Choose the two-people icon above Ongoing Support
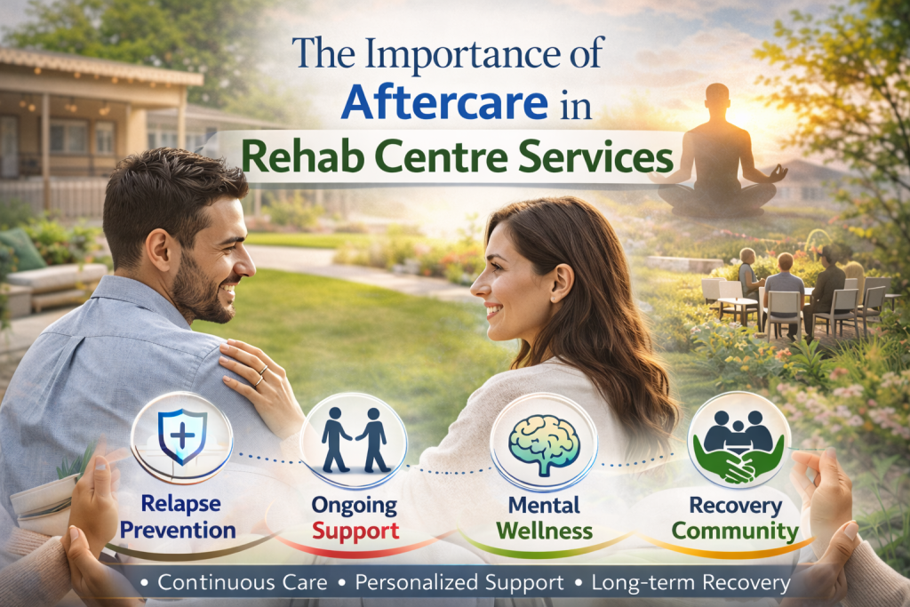point(353,441)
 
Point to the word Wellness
point(543,531)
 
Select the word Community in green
point(735,531)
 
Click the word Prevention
point(179,531)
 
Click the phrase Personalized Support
point(459,584)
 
